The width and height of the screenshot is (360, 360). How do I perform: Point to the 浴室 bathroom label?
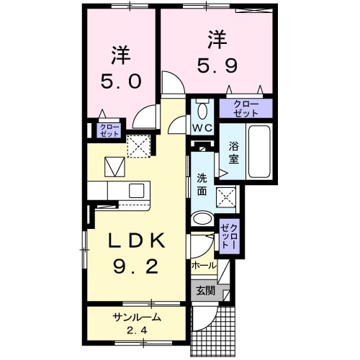[234, 153]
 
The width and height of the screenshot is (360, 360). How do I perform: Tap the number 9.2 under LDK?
[135, 266]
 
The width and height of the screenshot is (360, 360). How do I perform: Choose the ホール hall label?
[203, 266]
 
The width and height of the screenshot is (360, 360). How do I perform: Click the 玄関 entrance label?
[204, 291]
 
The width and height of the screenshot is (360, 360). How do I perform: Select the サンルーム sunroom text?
[135, 317]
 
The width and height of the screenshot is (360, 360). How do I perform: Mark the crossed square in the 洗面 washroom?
[227, 195]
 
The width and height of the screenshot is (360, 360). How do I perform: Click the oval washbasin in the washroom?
[202, 219]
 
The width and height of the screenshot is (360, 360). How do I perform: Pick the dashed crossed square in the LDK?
[138, 145]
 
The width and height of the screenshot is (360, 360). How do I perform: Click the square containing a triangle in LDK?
[114, 167]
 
